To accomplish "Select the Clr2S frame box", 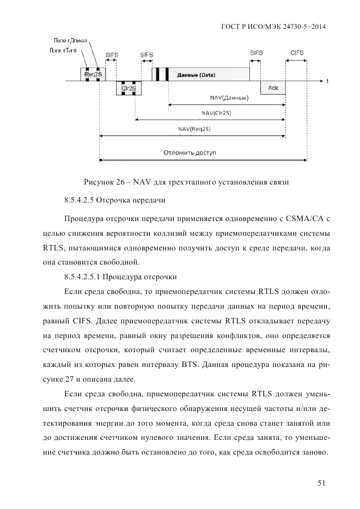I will [129, 88].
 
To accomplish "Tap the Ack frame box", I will [273, 88].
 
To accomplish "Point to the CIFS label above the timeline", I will [297, 54].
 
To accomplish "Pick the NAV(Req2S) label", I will [194, 129].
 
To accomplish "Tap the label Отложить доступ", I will [190, 153].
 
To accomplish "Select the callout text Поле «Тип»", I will [63, 50].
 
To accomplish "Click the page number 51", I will [321, 482].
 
